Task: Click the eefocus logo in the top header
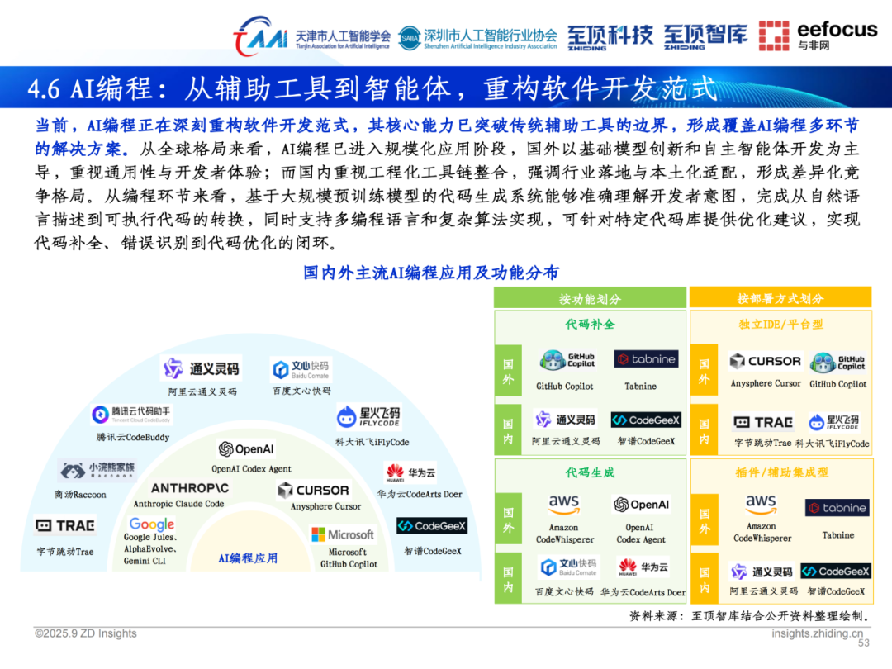pyautogui.click(x=818, y=36)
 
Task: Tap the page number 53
pyautogui.click(x=864, y=643)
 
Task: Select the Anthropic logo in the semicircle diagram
pyautogui.click(x=190, y=489)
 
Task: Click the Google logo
pyautogui.click(x=152, y=524)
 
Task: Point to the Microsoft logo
pyautogui.click(x=342, y=534)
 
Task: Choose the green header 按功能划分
pyautogui.click(x=590, y=298)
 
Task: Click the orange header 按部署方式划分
pyautogui.click(x=780, y=298)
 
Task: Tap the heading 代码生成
pyautogui.click(x=590, y=472)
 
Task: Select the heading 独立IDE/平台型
pyautogui.click(x=780, y=325)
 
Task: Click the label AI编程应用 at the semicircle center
pyautogui.click(x=248, y=558)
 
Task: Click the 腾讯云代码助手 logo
pyautogui.click(x=132, y=415)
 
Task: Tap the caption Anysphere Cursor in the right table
pyautogui.click(x=766, y=383)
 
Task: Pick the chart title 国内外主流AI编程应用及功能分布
pyautogui.click(x=430, y=273)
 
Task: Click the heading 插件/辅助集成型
pyautogui.click(x=780, y=472)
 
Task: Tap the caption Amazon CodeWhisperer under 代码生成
pyautogui.click(x=564, y=534)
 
